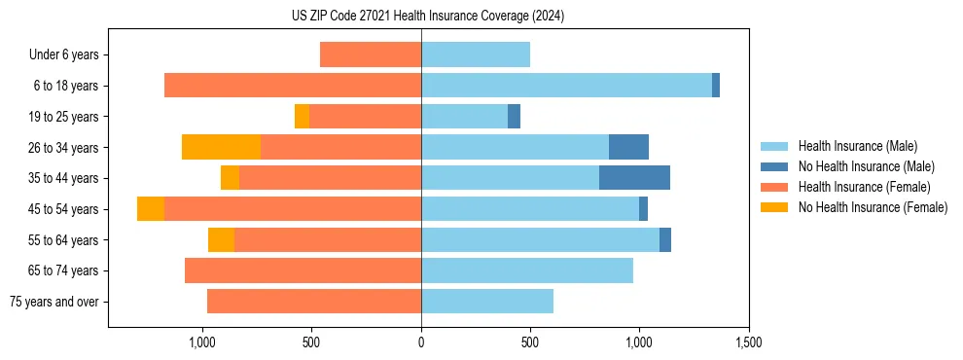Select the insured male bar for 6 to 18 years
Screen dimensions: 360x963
[566, 86]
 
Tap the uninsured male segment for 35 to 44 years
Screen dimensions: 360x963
[634, 178]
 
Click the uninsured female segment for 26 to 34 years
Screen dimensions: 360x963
[221, 147]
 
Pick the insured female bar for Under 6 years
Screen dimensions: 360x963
[371, 54]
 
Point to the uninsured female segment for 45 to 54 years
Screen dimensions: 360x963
[151, 209]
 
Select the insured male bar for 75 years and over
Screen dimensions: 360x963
[487, 302]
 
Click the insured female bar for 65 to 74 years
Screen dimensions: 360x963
[303, 270]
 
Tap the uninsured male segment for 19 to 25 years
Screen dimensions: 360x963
[514, 117]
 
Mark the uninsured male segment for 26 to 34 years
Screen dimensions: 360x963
[628, 147]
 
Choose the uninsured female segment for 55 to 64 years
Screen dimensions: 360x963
[221, 239]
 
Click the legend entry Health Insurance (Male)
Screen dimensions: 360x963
[857, 146]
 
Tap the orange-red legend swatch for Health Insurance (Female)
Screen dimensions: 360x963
[774, 187]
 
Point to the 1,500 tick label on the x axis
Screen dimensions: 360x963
[748, 342]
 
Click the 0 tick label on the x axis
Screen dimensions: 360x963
[421, 342]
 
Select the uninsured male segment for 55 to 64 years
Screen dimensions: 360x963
[665, 239]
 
